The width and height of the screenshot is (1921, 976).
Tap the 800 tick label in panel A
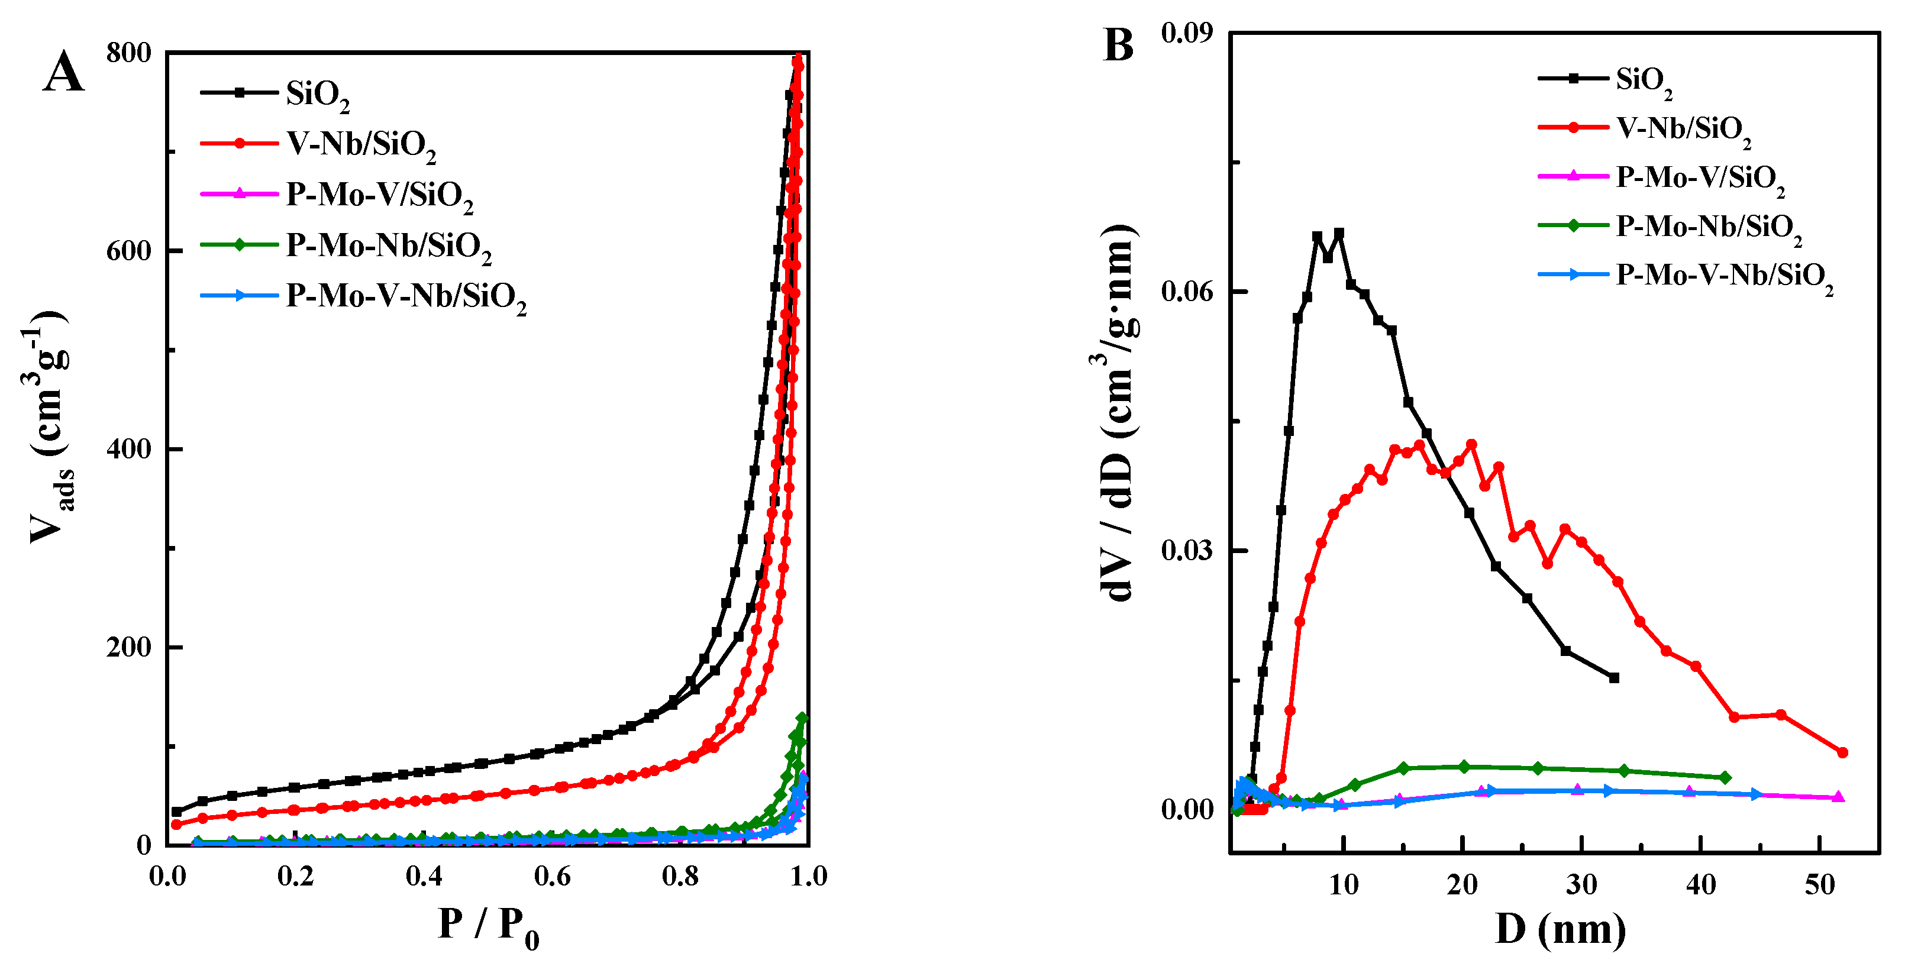tap(128, 53)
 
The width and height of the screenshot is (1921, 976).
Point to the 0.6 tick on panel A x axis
tap(552, 876)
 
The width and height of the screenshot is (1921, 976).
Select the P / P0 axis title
tap(489, 927)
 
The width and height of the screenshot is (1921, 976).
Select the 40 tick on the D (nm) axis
tap(1700, 885)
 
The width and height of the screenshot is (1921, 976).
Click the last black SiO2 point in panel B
tap(1615, 678)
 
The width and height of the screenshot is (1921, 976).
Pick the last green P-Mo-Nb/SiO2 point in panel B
tap(1725, 778)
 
